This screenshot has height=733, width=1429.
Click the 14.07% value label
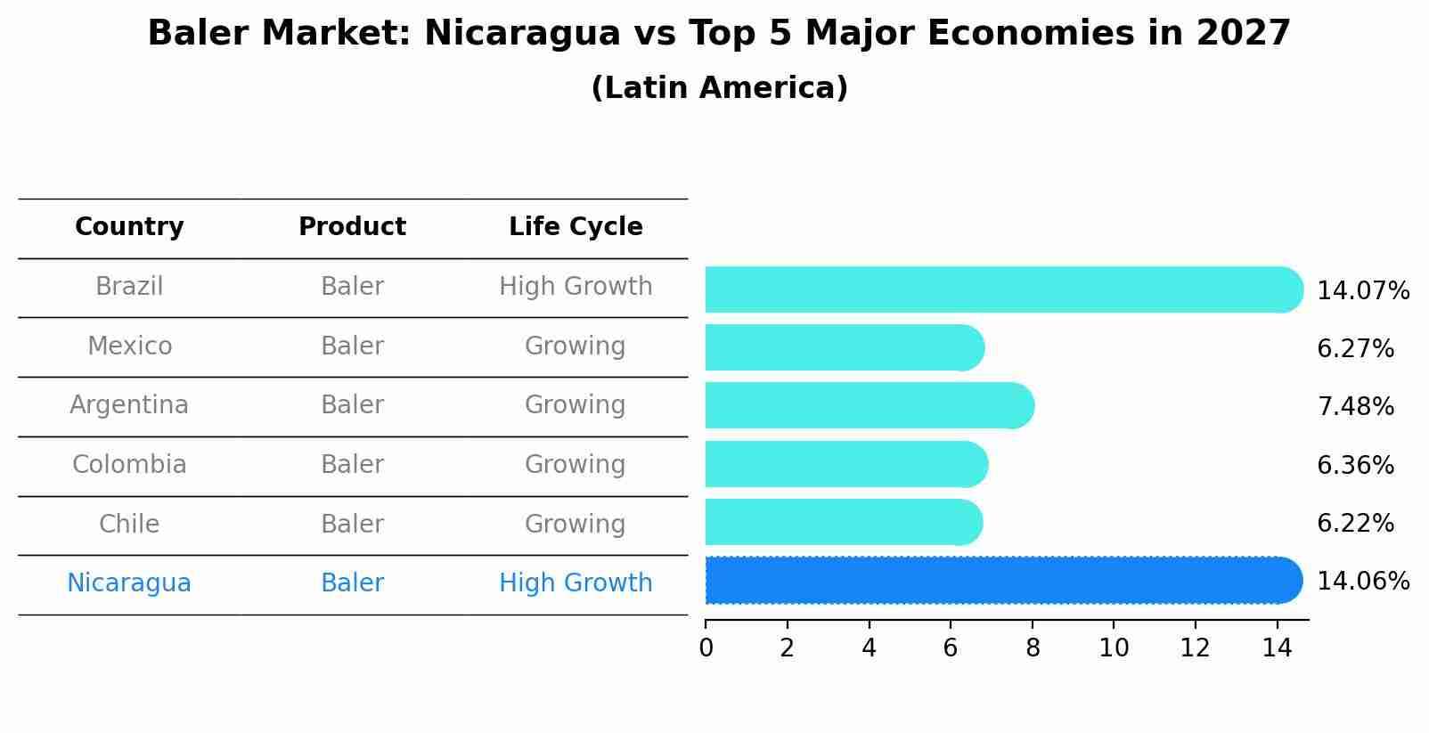(1362, 291)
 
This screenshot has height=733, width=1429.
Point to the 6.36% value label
(1354, 466)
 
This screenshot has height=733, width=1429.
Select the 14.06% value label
(1362, 582)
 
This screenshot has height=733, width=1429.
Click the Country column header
(129, 227)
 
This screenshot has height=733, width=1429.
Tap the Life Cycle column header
(576, 227)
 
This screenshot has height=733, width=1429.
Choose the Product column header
(352, 227)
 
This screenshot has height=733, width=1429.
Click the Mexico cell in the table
(129, 346)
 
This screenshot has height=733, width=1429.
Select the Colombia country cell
(129, 465)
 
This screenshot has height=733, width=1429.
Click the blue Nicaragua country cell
(129, 583)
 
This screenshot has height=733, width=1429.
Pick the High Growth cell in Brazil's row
(576, 287)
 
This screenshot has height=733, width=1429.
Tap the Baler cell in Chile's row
(352, 524)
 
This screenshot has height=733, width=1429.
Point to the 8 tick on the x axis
(1033, 648)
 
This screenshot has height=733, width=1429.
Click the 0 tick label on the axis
(706, 648)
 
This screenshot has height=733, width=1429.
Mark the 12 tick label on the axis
(1195, 648)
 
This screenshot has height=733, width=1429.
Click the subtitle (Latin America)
(719, 88)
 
